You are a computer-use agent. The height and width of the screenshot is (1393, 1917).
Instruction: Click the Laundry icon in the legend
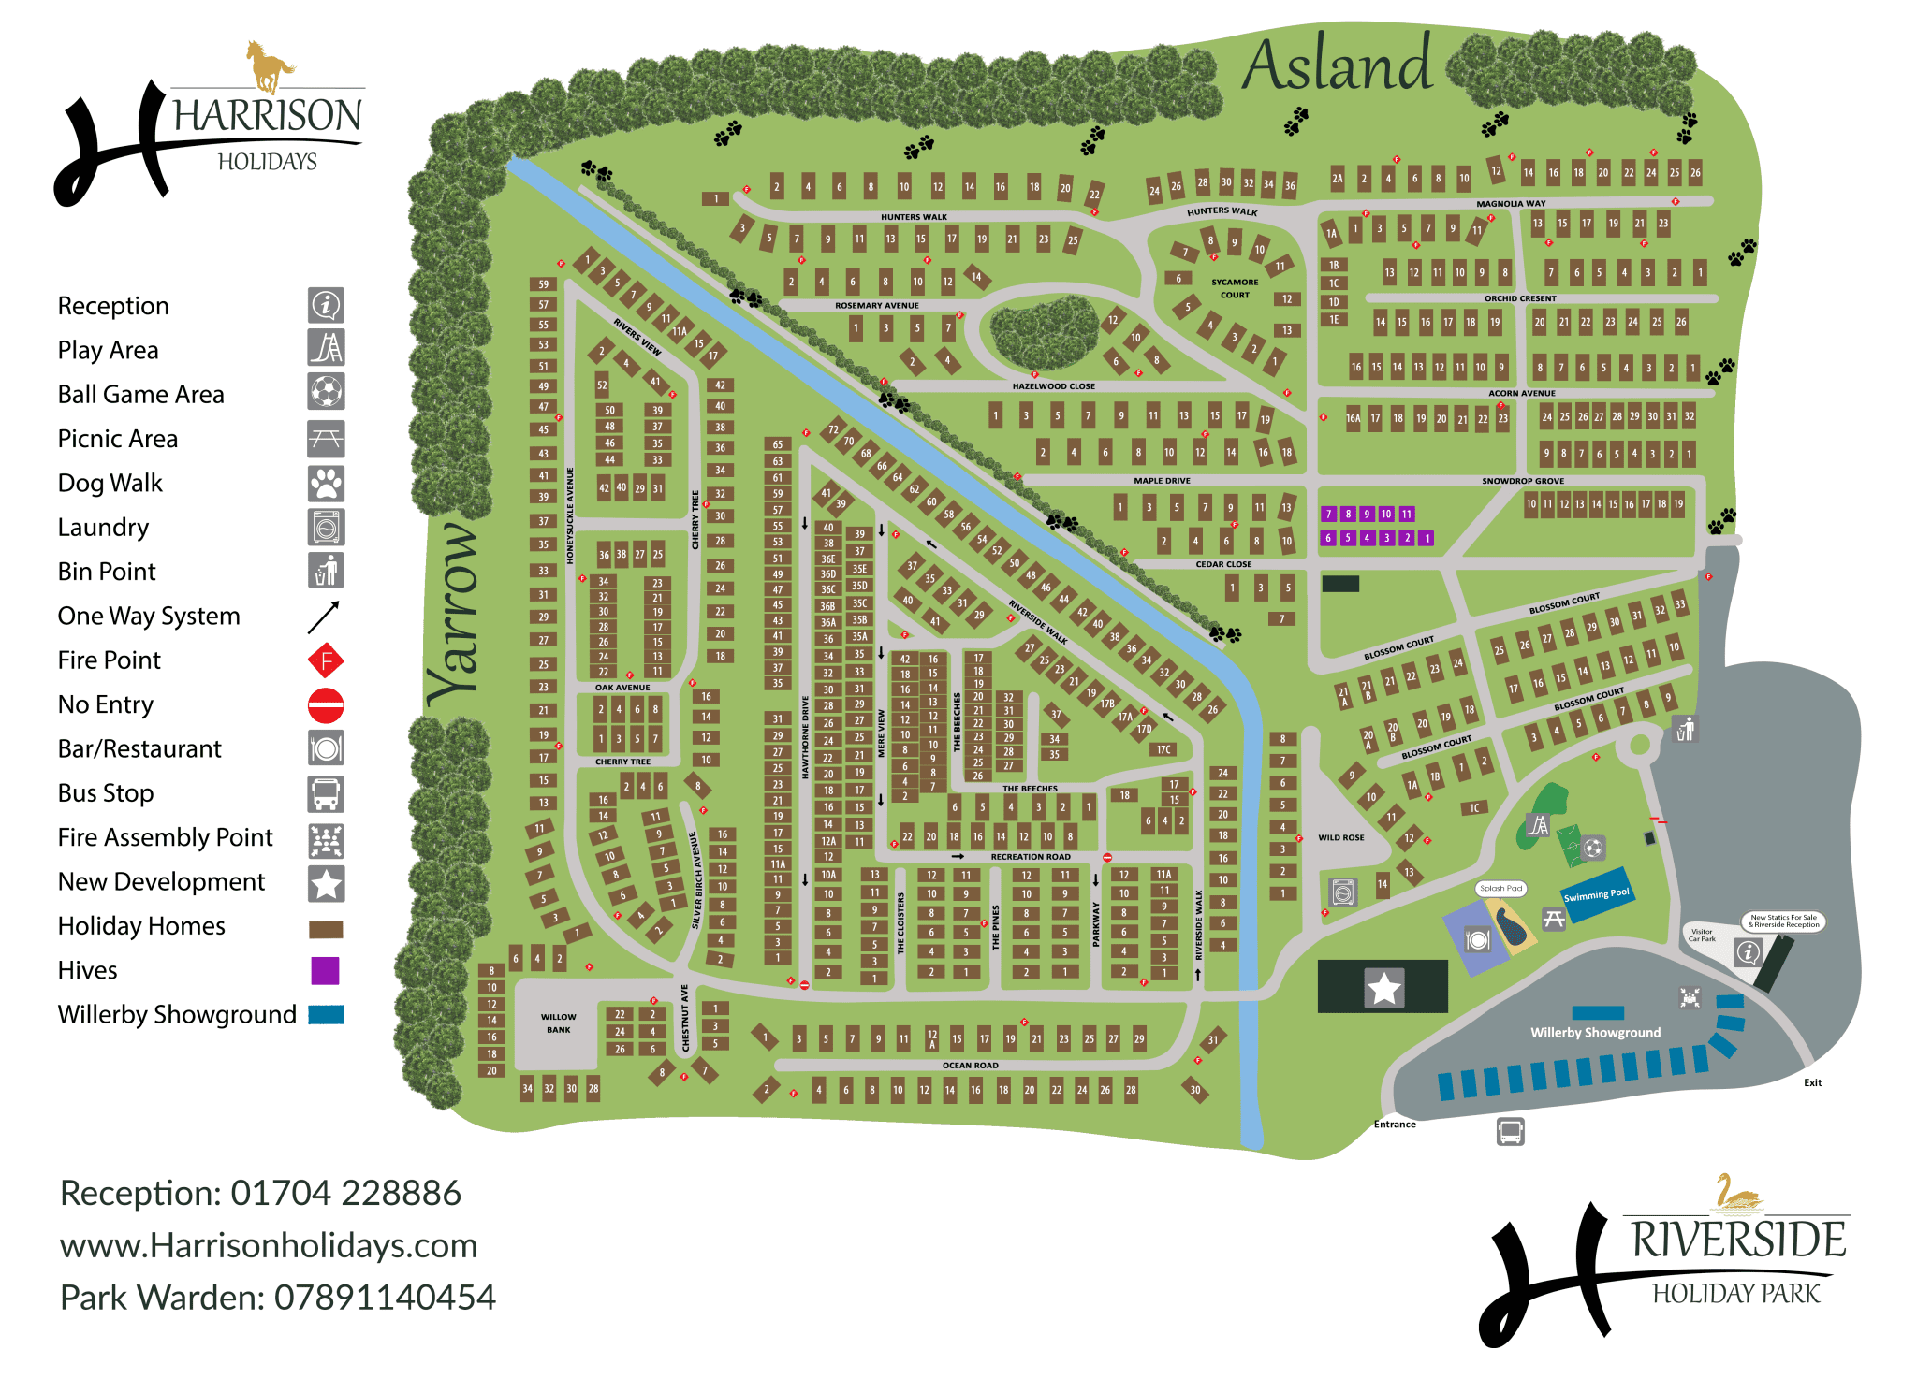[326, 528]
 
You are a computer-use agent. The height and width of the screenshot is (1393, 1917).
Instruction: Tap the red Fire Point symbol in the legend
[326, 661]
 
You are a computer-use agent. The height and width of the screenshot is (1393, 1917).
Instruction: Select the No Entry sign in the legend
[326, 705]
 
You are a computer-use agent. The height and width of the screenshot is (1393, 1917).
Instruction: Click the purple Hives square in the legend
[325, 970]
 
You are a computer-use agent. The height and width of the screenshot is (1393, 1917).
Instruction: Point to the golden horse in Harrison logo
[270, 65]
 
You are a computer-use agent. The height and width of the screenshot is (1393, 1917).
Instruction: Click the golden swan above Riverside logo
[1737, 1195]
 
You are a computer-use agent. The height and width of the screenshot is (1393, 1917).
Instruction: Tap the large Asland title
[1338, 65]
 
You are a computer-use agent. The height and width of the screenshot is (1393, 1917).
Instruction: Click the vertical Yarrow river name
[455, 613]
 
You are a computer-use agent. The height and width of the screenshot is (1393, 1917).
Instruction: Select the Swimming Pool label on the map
[1596, 895]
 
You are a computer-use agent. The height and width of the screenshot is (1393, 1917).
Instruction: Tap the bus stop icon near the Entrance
[1510, 1132]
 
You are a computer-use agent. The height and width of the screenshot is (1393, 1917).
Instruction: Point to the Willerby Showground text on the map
[1595, 1033]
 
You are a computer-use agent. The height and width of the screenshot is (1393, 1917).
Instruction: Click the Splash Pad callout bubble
[1501, 888]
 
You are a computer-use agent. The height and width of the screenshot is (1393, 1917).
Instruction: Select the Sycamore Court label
[1235, 288]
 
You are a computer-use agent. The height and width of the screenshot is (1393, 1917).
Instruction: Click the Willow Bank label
[559, 1023]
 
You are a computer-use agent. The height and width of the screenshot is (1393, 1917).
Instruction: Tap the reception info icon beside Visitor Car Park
[1748, 952]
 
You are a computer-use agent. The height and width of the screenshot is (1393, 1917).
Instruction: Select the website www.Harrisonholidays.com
[269, 1246]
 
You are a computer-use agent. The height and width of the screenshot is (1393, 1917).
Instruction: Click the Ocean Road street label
[970, 1065]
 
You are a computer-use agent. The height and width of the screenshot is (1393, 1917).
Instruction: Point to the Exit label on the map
[1812, 1082]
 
